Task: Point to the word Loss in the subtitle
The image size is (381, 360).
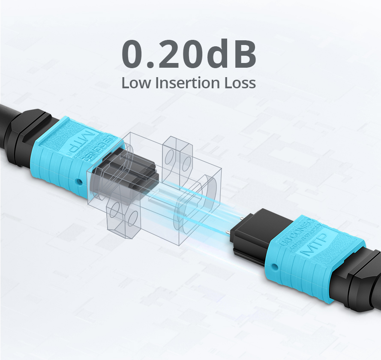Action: point(240,83)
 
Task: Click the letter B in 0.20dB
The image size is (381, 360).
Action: point(245,55)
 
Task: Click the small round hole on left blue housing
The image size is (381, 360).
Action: point(78,181)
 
